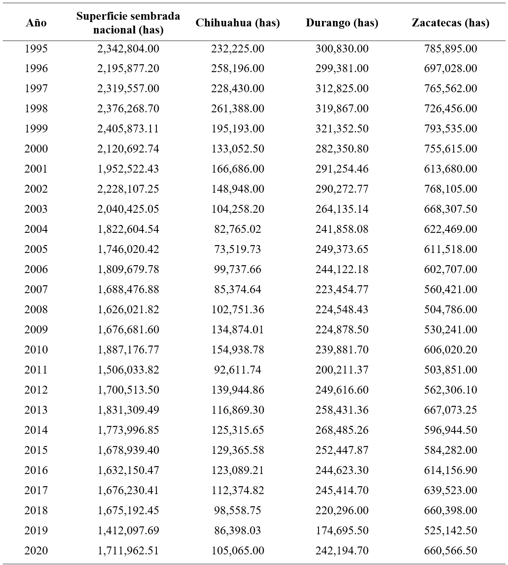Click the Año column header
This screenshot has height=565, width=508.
36,23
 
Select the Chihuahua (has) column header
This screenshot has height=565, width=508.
238,23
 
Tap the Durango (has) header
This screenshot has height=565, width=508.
342,23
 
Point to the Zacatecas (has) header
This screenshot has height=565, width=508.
450,23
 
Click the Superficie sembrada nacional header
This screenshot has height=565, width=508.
128,23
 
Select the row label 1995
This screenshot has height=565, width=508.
36,49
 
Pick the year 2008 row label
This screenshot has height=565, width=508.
36,310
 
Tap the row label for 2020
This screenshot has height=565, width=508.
36,550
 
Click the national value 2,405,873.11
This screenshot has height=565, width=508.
128,129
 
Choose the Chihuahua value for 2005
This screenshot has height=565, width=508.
238,249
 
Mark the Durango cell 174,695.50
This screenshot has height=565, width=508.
342,530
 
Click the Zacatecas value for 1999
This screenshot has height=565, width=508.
450,129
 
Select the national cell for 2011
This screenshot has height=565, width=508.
128,370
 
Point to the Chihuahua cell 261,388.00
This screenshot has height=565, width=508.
238,109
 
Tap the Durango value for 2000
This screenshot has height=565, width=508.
342,149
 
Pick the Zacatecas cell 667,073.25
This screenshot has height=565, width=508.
450,410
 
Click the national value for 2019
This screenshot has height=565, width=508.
128,530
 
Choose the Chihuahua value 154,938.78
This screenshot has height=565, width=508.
238,350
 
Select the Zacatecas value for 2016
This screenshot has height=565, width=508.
450,470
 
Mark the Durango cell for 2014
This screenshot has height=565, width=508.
342,430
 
